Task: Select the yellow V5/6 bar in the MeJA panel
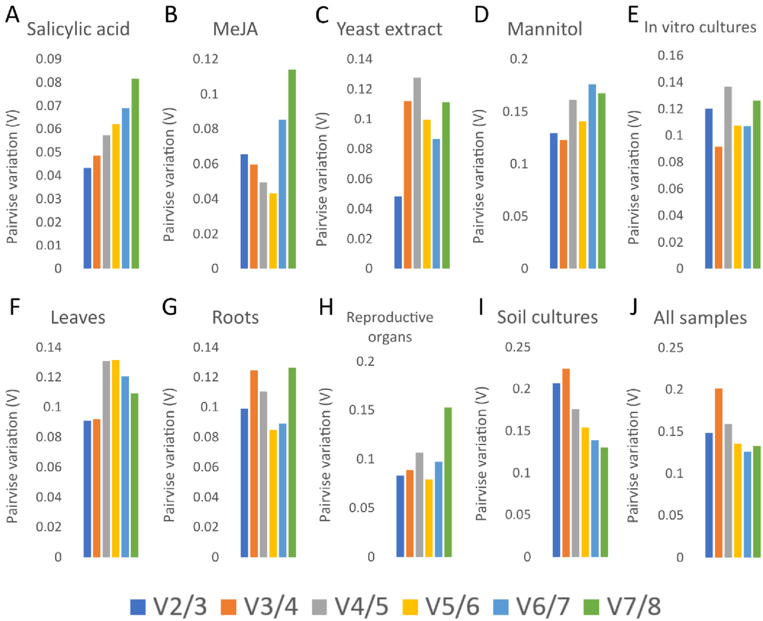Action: [x=273, y=231]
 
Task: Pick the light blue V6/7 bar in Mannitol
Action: [x=592, y=176]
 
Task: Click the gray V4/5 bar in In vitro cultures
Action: [x=728, y=178]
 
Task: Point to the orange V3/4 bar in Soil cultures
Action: [x=566, y=463]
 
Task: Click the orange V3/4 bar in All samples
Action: [x=718, y=473]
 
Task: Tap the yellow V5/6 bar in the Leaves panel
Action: [x=116, y=458]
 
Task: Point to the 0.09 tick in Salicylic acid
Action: [x=49, y=59]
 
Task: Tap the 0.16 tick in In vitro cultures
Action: [x=670, y=55]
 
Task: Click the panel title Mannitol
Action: [x=545, y=29]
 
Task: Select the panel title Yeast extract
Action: [x=389, y=29]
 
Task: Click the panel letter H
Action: [x=326, y=307]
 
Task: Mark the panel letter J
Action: [x=633, y=306]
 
